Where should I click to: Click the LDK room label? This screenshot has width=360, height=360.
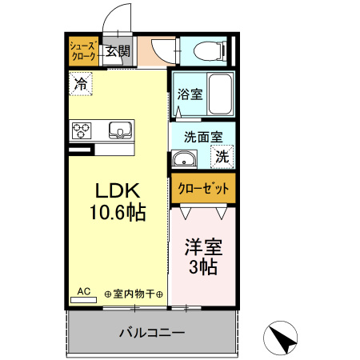coord(118,191)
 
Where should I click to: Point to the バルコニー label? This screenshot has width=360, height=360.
coord(152,332)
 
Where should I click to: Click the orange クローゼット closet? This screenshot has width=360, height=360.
coord(203,190)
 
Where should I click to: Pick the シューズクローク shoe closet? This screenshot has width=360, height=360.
coord(83,50)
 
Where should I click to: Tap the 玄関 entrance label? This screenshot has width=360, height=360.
coord(118,50)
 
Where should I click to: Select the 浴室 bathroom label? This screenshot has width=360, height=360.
coord(190,94)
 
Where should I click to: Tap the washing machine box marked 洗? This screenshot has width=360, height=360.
coord(222,157)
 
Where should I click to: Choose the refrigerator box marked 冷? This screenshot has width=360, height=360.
coord(80,82)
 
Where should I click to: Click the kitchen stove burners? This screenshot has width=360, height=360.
coord(83,130)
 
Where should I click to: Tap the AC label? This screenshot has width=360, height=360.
coord(83,293)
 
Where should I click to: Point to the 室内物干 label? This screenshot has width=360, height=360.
coord(134,294)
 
